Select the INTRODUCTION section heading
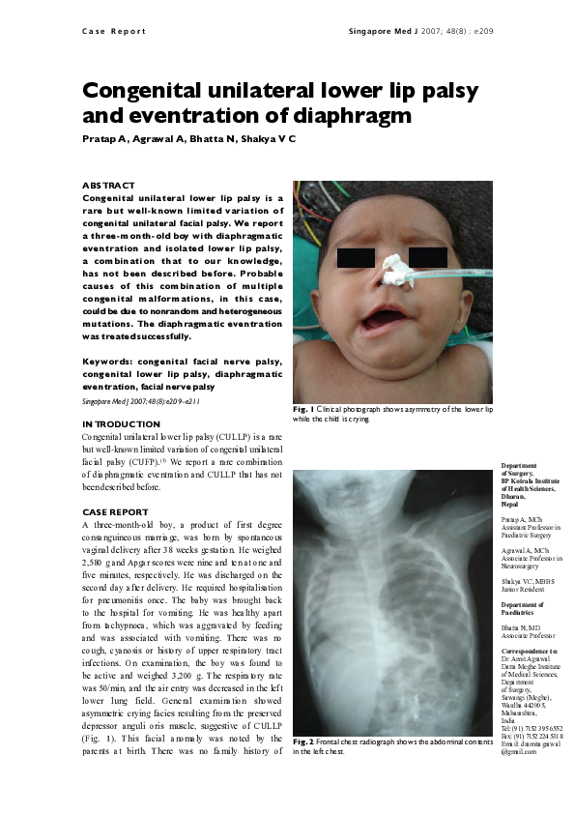(x=121, y=424)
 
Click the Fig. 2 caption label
(x=303, y=741)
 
